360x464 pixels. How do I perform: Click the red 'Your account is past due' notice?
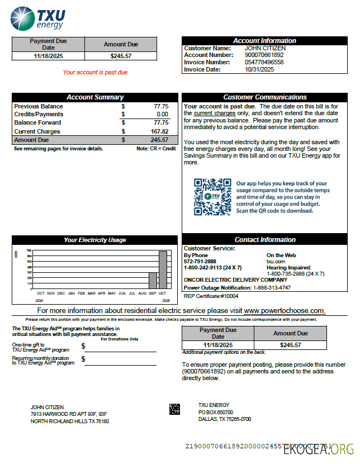click(95, 72)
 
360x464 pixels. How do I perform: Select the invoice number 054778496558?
click(264, 63)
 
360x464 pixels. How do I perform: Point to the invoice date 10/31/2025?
click(259, 70)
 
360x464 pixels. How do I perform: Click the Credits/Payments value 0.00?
click(162, 114)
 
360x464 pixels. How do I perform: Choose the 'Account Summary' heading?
click(95, 97)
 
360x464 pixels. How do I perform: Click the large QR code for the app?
click(212, 197)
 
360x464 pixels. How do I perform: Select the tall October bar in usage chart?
click(163, 270)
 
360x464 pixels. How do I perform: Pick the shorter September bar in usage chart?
click(153, 281)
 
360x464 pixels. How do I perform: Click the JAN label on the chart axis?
click(71, 293)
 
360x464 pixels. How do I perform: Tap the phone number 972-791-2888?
click(200, 262)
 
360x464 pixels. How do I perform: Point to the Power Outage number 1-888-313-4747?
click(272, 287)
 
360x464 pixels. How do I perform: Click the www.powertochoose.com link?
click(284, 310)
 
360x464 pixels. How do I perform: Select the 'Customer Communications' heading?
click(265, 97)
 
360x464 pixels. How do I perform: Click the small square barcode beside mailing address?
click(174, 409)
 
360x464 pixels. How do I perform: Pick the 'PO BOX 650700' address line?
click(216, 412)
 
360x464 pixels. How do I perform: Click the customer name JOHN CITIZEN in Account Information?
click(265, 48)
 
